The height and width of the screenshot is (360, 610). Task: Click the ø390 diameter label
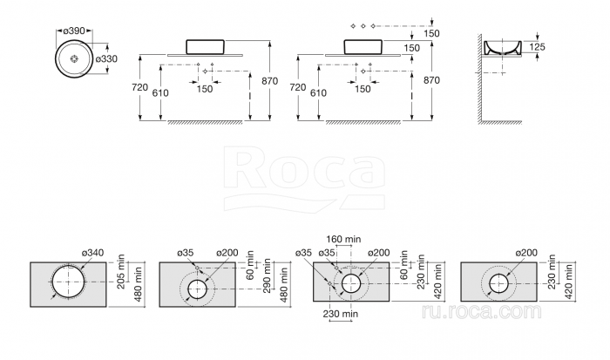point(74,31)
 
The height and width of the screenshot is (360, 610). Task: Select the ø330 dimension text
point(106,58)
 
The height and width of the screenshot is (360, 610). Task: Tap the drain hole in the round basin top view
point(74,58)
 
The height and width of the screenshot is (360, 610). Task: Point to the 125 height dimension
point(538,47)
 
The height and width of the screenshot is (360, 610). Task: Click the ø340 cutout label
point(93,253)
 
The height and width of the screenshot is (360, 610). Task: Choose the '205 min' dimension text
point(121,272)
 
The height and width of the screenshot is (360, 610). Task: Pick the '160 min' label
point(343,239)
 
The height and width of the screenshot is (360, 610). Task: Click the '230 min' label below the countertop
point(341,314)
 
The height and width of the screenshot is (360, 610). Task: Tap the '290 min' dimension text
point(268,276)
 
